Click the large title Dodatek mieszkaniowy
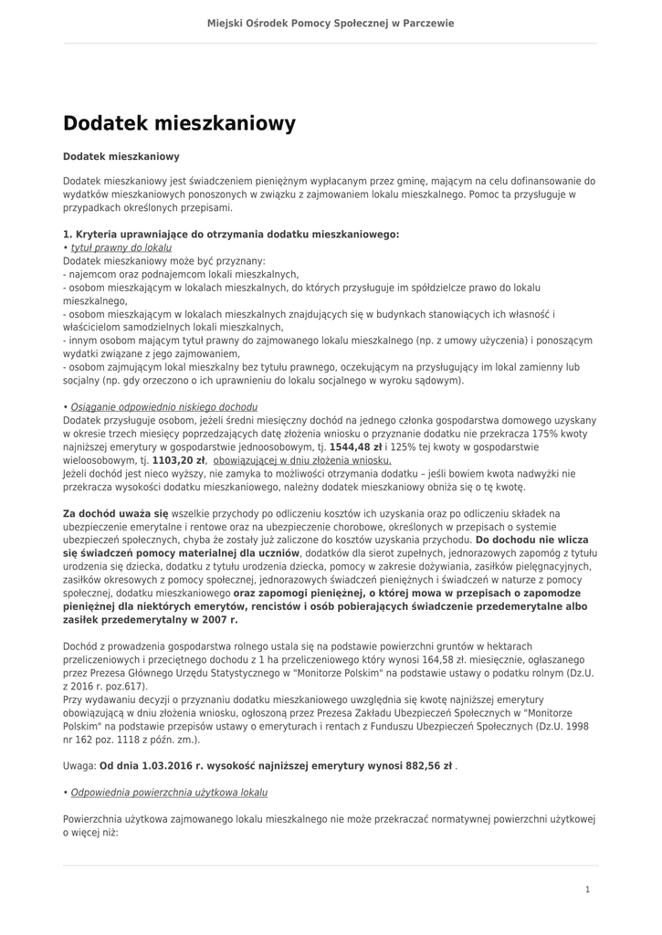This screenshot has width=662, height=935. [179, 122]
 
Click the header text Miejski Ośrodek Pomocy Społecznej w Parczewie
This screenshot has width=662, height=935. [331, 23]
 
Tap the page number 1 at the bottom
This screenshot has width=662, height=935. [587, 888]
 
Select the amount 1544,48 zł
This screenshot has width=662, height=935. [355, 448]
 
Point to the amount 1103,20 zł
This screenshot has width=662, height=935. [179, 461]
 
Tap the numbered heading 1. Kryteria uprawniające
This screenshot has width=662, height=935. [231, 234]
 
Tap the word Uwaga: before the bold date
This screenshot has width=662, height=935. [79, 767]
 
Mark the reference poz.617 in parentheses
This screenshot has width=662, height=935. [126, 685]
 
